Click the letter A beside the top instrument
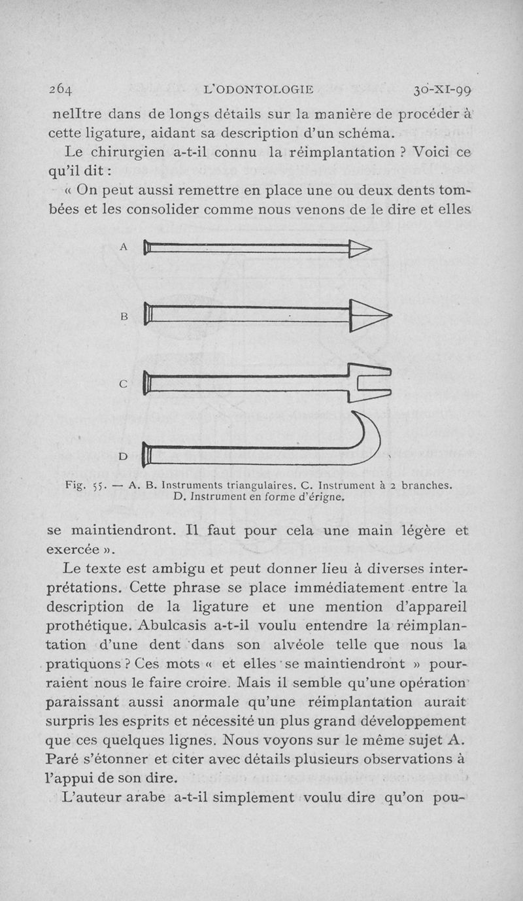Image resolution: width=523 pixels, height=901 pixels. pyautogui.click(x=124, y=247)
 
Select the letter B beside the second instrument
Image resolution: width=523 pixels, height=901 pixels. pyautogui.click(x=124, y=316)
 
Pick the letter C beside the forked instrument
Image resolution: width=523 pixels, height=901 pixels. pyautogui.click(x=124, y=384)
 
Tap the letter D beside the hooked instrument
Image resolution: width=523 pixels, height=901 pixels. pyautogui.click(x=124, y=455)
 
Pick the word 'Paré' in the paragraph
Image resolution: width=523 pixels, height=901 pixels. pyautogui.click(x=65, y=760)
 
